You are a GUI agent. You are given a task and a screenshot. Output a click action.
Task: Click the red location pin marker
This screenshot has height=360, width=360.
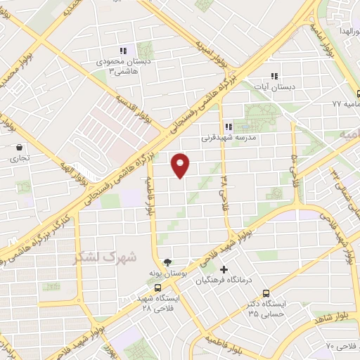tap(181, 165)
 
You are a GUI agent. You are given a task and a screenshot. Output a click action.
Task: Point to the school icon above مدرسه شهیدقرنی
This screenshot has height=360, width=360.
tap(228, 127)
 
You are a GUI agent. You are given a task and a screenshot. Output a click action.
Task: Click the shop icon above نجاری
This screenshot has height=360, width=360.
tap(18, 148)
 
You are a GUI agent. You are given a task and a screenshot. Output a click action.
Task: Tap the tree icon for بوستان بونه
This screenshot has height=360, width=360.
tap(167, 262)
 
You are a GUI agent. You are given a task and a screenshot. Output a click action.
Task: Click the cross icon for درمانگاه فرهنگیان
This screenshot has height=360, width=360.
tap(224, 270)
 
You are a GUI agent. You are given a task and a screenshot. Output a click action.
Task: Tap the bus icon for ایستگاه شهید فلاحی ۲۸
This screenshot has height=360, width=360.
tap(157, 288)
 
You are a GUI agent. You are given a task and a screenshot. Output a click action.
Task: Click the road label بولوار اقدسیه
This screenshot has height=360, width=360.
tap(134, 109)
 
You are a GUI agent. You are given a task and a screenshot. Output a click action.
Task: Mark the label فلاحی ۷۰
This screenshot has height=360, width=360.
tap(340, 345)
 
